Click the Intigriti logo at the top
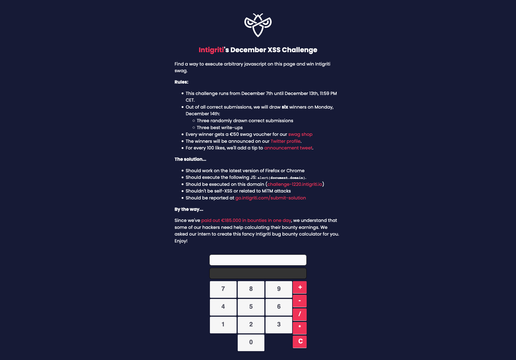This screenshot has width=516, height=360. tap(258, 25)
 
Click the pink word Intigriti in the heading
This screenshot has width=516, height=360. tap(211, 50)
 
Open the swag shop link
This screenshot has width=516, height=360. tap(300, 134)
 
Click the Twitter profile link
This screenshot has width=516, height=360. tap(285, 141)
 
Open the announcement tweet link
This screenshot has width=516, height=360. tap(288, 148)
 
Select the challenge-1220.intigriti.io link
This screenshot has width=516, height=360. tap(295, 184)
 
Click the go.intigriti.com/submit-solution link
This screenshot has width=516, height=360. tap(271, 198)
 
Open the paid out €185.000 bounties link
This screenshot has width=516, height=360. tap(246, 221)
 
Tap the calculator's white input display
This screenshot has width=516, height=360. tap(258, 260)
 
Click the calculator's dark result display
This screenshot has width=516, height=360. tap(258, 273)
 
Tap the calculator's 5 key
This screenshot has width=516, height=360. tap(251, 307)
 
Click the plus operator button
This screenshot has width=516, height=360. tap(300, 287)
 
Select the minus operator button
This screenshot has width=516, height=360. tap(300, 301)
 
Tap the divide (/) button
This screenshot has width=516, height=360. tap(300, 314)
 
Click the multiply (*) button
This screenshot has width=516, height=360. tap(300, 328)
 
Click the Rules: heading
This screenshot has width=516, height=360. tap(181, 82)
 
